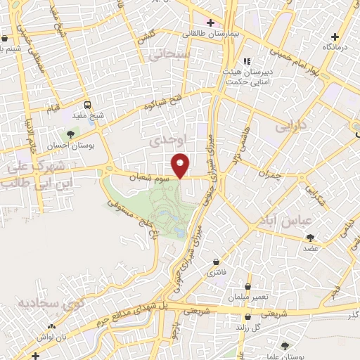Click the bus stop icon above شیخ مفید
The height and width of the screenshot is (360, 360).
[x=87, y=103]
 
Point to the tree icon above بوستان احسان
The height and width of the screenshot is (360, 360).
[x=70, y=132]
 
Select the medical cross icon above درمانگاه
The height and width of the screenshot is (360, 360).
[x=335, y=35]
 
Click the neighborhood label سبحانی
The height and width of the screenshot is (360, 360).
[x=172, y=54]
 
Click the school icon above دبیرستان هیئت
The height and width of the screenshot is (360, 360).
[x=245, y=60]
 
